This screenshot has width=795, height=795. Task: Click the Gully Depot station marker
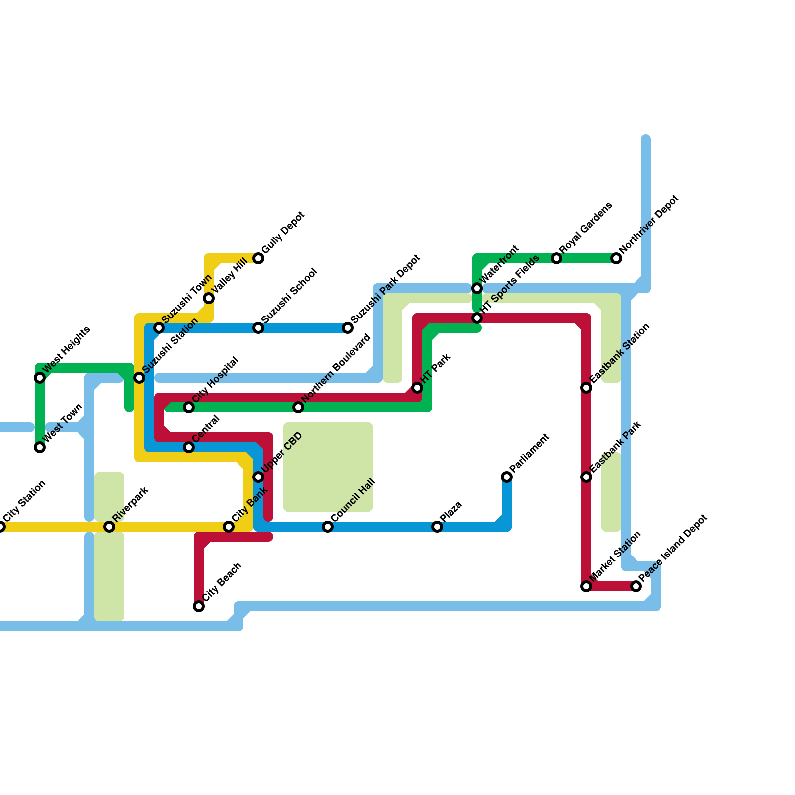click(x=258, y=258)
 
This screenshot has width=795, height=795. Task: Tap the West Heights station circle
click(x=40, y=378)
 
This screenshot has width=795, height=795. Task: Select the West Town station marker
click(x=40, y=447)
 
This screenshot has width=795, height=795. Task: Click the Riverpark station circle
click(x=109, y=527)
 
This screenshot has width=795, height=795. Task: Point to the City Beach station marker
click(x=199, y=606)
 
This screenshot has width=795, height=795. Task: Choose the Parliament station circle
click(x=507, y=477)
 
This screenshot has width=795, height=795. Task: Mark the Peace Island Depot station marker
click(x=636, y=586)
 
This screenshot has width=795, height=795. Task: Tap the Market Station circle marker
click(x=586, y=586)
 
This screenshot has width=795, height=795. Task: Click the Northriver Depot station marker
click(x=616, y=258)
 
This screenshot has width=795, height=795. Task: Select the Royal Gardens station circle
click(x=556, y=258)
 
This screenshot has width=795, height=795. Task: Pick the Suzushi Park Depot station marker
click(x=348, y=328)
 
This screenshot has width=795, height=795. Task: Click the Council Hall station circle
click(x=328, y=527)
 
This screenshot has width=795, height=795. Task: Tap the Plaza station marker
click(x=437, y=527)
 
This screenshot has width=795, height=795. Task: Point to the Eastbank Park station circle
click(x=586, y=477)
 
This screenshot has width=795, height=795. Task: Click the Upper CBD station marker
click(x=258, y=477)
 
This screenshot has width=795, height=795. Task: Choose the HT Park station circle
click(x=417, y=388)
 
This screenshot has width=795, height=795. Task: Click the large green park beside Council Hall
click(x=328, y=467)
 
